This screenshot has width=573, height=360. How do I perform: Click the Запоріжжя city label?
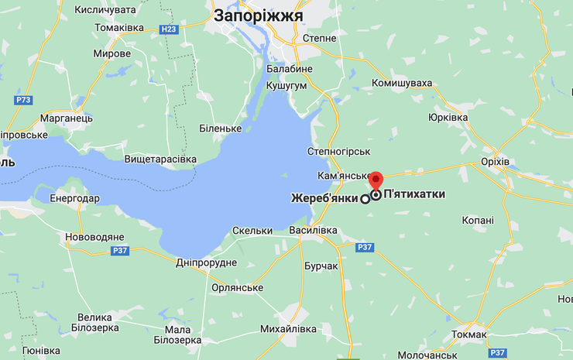258,15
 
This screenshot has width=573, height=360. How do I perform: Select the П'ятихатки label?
414,194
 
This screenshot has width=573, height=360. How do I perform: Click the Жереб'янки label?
325,198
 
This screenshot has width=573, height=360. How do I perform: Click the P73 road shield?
24,100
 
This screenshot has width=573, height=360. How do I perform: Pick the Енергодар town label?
74,198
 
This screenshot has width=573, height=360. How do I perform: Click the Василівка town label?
313,230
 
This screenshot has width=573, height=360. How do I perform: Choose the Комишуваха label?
402,82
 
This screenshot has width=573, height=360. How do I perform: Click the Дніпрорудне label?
206,262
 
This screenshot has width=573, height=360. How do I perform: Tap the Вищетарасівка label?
161,159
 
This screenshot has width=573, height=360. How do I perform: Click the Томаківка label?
119,27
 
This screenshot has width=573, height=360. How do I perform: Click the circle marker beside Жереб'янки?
365,199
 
